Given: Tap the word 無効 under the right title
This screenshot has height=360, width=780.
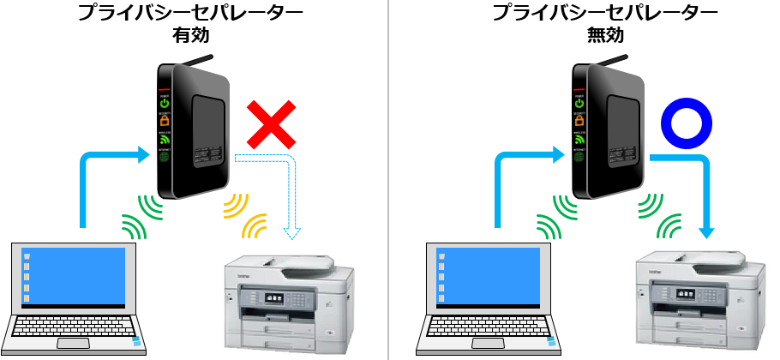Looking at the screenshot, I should click(x=606, y=37).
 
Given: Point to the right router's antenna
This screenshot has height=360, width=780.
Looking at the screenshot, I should click(x=611, y=63).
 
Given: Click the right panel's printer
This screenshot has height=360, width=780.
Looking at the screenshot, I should click(x=699, y=304).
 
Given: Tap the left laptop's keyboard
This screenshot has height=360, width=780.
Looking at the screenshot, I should click(x=74, y=330).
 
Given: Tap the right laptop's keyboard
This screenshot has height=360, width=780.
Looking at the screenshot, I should click(x=489, y=330).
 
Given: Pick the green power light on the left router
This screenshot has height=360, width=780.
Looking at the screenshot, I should click(x=164, y=104).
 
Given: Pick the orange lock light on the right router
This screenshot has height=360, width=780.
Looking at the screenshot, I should click(x=580, y=121).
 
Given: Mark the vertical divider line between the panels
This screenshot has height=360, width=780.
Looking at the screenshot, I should click(x=391, y=180).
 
